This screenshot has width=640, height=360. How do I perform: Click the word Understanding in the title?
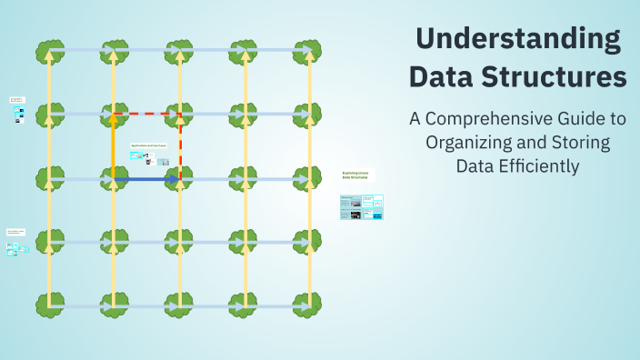517,39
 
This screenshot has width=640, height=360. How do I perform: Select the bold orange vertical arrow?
114,145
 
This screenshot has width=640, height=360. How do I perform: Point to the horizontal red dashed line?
147,115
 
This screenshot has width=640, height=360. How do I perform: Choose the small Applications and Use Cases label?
148,145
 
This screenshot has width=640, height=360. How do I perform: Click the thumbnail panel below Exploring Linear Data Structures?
362,207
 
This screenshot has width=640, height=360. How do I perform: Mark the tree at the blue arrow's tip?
180,178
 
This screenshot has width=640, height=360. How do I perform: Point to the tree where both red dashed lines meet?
180,115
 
